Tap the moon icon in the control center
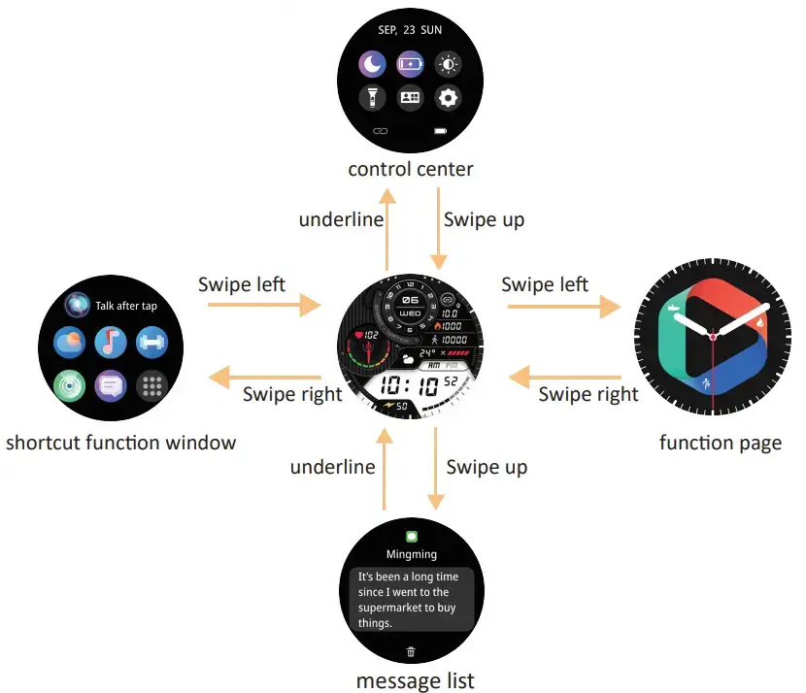(x=373, y=66)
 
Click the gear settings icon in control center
(x=447, y=98)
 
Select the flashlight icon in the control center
(x=373, y=98)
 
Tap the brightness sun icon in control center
(x=447, y=66)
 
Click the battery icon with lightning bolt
(x=410, y=66)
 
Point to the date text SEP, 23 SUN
(x=410, y=30)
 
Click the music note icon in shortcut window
(x=110, y=342)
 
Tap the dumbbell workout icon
(x=151, y=342)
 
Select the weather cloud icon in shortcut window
(x=69, y=342)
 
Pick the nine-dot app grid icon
(x=151, y=385)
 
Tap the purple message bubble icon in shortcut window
(x=110, y=385)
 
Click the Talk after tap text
(x=126, y=306)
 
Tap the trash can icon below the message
(x=411, y=651)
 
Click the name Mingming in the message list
(x=411, y=554)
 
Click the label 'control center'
(x=411, y=170)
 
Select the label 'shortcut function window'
(x=120, y=444)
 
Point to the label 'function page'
(x=720, y=444)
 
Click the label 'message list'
(x=415, y=680)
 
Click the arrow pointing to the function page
(x=564, y=307)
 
